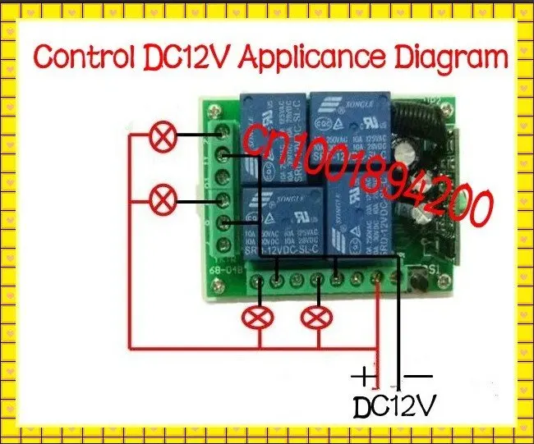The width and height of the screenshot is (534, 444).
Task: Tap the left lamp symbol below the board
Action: [260, 317]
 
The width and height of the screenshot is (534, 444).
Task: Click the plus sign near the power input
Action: [362, 378]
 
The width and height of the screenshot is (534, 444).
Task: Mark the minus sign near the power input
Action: [419, 377]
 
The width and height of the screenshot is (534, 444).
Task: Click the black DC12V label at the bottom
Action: [394, 406]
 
